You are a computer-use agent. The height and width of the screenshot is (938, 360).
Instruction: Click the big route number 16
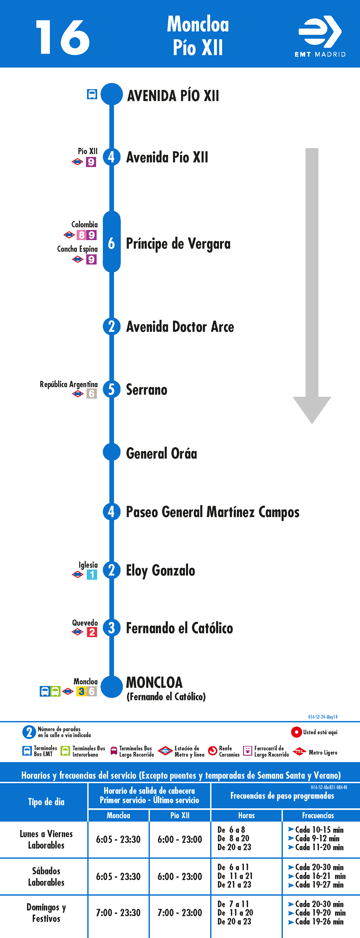coord(63,37)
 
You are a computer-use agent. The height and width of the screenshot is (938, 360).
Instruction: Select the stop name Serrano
coord(147,389)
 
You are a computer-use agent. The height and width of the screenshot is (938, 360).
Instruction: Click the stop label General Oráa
coord(162,453)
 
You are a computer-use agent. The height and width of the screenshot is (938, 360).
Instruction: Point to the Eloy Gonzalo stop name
coord(161,571)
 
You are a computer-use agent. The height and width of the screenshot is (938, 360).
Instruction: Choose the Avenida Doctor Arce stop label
coord(180,327)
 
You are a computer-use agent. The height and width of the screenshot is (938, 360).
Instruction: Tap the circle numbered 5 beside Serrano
coord(111,389)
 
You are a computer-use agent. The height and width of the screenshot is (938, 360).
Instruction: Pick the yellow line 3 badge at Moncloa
coord(82,691)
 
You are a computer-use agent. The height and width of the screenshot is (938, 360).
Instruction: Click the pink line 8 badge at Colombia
coord(82,235)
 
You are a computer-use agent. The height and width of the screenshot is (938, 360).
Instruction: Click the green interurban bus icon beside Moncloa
coord(55,691)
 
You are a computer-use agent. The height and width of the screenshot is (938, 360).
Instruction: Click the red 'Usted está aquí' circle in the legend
coord(296,732)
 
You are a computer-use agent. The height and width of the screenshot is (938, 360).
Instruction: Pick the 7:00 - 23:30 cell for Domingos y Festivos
coord(118,913)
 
